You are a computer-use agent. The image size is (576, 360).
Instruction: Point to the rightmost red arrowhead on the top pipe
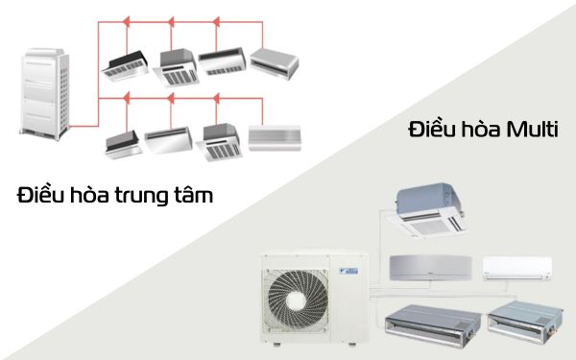262,16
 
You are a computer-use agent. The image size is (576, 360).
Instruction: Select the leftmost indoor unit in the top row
125,63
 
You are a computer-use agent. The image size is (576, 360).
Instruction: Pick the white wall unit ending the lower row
276,136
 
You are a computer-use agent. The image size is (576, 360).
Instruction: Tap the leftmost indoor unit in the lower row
125,142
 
